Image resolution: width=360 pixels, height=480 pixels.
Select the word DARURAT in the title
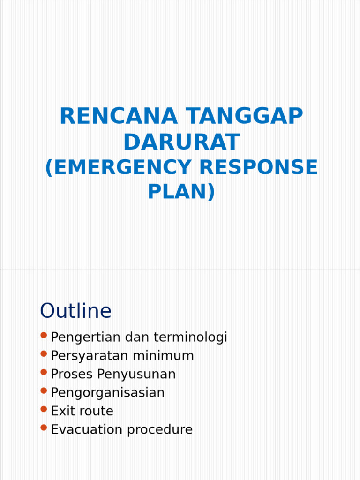pyautogui.click(x=181, y=142)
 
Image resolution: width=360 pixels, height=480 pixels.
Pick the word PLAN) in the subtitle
pyautogui.click(x=181, y=191)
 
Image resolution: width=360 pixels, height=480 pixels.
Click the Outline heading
pyautogui.click(x=75, y=311)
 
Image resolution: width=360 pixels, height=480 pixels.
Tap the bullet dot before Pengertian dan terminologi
pyautogui.click(x=44, y=335)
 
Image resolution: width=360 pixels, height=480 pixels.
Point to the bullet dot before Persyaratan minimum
pyautogui.click(x=44, y=353)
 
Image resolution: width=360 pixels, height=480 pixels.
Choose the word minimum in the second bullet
pyautogui.click(x=163, y=356)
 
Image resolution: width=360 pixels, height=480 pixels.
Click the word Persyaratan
pyautogui.click(x=90, y=356)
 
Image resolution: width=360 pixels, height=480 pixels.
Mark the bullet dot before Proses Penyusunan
pyautogui.click(x=44, y=372)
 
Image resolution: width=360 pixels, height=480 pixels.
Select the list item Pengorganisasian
pyautogui.click(x=107, y=393)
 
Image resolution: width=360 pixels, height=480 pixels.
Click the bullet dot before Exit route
pyautogui.click(x=44, y=409)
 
